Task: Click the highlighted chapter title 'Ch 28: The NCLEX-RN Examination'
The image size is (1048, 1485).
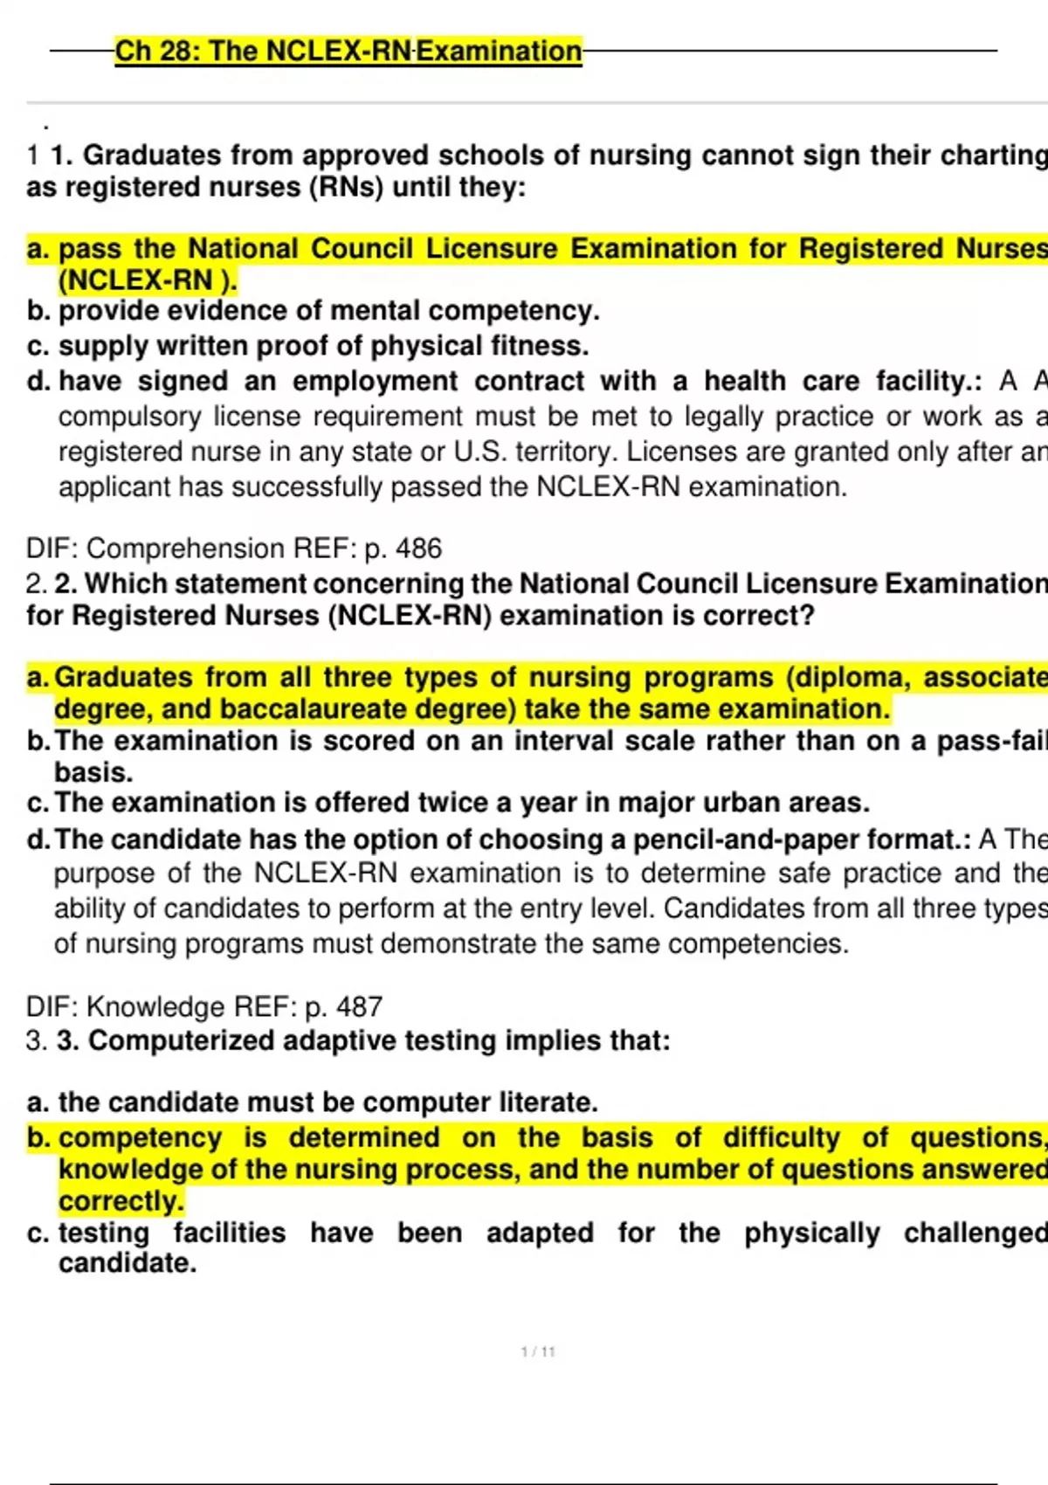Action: (348, 52)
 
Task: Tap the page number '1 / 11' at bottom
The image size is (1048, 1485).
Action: (538, 1351)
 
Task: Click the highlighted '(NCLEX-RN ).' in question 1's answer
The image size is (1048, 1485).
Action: (148, 280)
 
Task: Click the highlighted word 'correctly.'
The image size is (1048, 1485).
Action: (121, 1201)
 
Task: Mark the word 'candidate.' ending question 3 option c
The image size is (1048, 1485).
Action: (128, 1263)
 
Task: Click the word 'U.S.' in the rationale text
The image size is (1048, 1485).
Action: (479, 452)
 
